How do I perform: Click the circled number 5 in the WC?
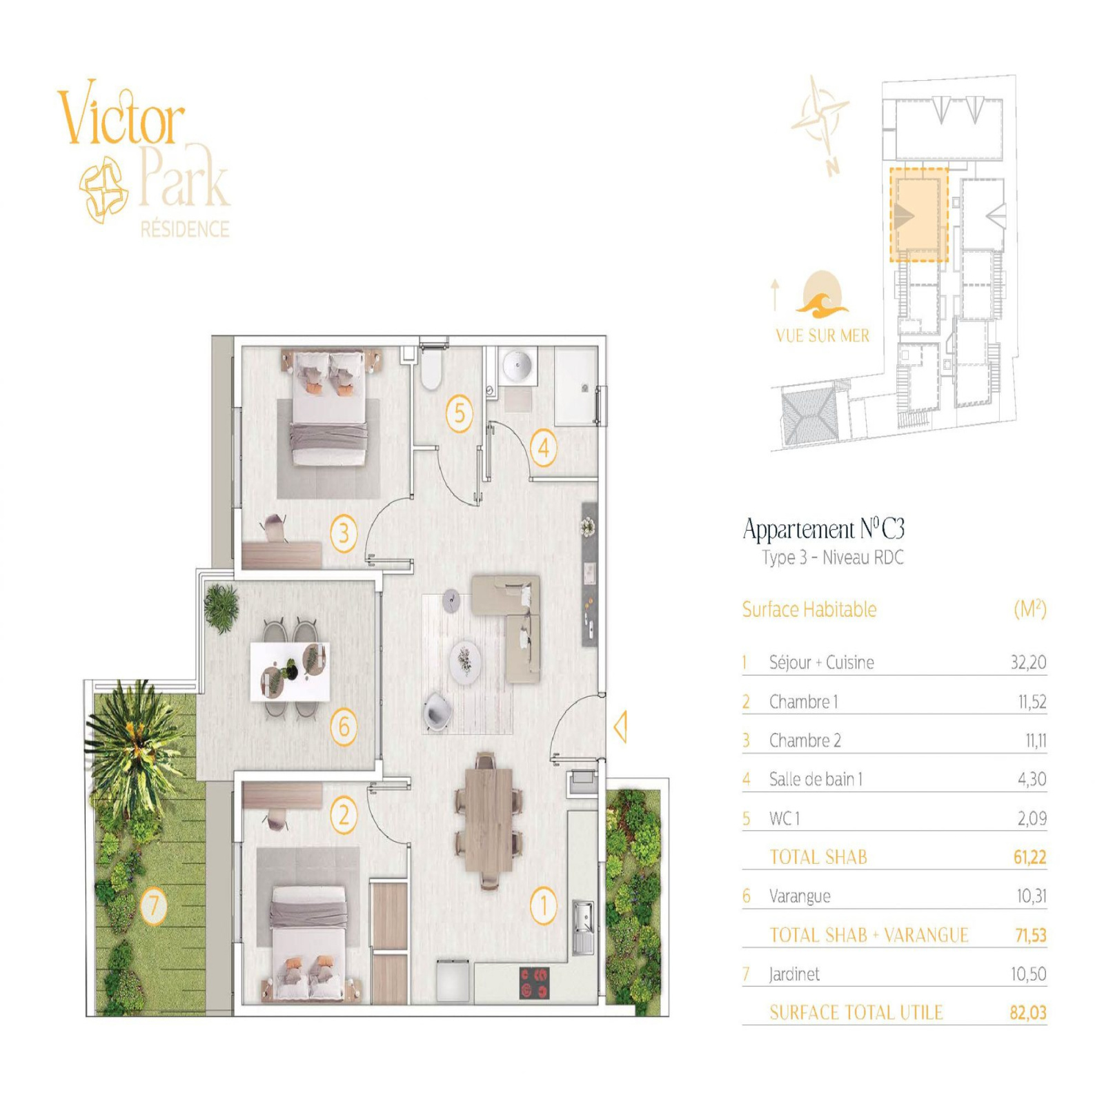[x=459, y=413]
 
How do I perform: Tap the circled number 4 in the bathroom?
[x=543, y=448]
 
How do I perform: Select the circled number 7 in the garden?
[x=153, y=905]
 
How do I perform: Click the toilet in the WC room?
[x=431, y=369]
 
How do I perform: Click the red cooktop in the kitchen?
[x=534, y=983]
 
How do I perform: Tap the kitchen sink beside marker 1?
[x=583, y=927]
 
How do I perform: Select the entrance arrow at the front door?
[x=620, y=727]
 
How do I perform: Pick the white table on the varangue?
[x=290, y=671]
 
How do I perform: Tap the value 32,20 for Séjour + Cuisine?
[x=1028, y=662]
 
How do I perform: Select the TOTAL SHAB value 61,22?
[x=1029, y=857]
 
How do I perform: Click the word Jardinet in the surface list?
[x=794, y=974]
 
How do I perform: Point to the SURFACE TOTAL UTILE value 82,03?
[x=1028, y=1013]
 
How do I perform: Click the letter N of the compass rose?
[x=833, y=166]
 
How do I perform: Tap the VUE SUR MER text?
[x=822, y=336]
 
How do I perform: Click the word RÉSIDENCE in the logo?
[x=185, y=229]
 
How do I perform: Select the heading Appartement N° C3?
[x=824, y=529]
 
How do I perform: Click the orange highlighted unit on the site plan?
[x=918, y=215]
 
